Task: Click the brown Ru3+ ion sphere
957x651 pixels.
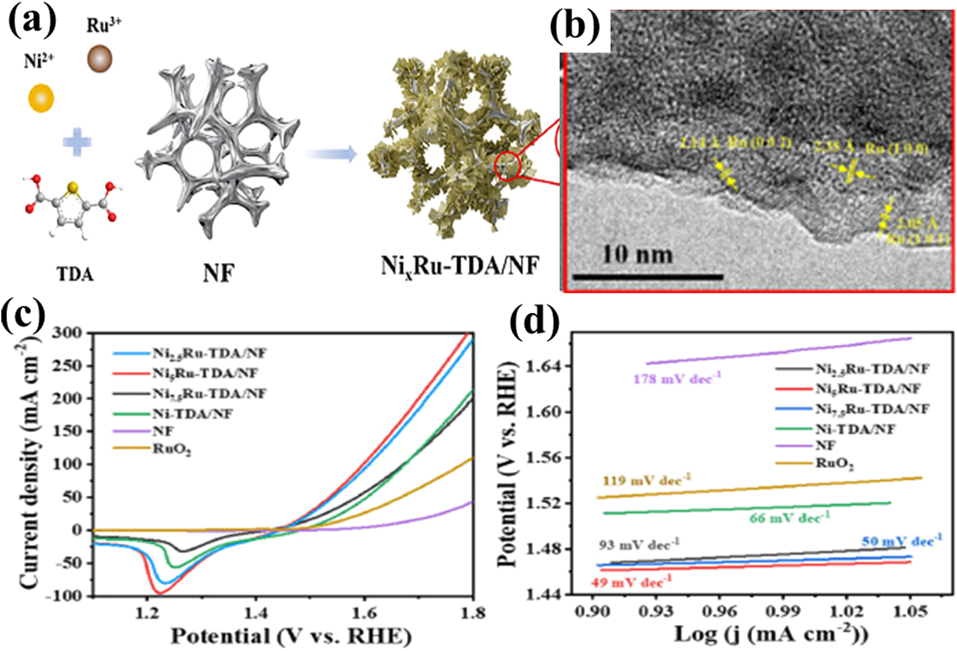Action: tap(99, 59)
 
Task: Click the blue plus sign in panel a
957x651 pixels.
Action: tap(77, 142)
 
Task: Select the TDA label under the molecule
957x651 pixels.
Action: tap(75, 274)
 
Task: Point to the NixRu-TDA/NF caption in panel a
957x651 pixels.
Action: tap(460, 266)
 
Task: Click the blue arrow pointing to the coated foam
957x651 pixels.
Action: tap(331, 154)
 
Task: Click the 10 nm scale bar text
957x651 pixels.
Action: tap(637, 254)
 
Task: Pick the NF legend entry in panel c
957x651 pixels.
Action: tap(163, 431)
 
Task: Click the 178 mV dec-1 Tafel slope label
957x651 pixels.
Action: tap(677, 379)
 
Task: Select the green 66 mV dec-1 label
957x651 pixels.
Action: tap(790, 518)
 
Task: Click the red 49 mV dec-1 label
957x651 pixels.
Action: tap(631, 583)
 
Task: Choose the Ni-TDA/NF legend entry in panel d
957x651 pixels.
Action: tap(855, 429)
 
